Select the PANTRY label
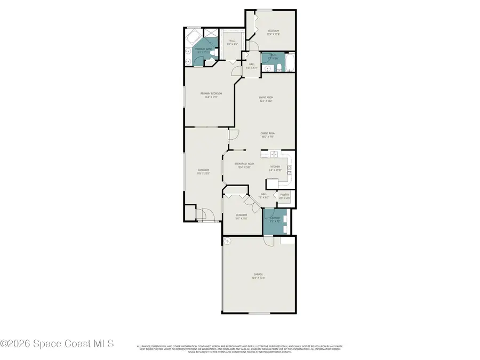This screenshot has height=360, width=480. coord(285,195)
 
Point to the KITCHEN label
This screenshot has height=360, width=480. coord(275,167)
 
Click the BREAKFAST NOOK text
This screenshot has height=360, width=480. coord(243,165)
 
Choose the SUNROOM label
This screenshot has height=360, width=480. coord(203,171)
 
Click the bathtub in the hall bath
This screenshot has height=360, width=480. coord(290,62)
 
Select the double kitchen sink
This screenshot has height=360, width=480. coord(273,155)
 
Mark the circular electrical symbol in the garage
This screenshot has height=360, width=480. coord(227,242)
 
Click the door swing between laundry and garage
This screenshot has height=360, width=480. coord(269,241)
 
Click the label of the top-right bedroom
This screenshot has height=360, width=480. coord(274,32)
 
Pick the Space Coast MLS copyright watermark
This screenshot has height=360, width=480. coord(57,344)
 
